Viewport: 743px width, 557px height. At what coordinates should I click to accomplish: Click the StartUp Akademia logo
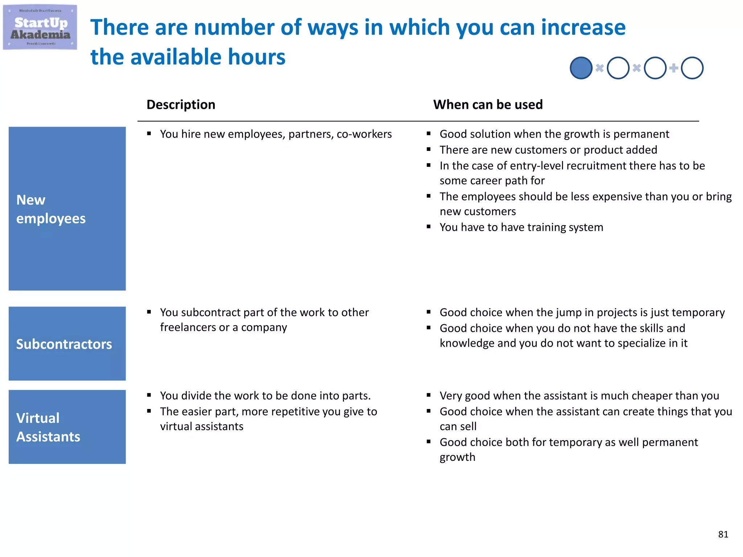coord(40,28)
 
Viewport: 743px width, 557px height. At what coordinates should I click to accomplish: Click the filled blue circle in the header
coord(581,68)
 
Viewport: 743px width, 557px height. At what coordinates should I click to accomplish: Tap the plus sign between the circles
coord(674,68)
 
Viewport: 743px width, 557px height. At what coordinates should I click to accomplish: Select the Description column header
coord(181,105)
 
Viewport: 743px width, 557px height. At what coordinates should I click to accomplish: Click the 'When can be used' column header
coord(488,105)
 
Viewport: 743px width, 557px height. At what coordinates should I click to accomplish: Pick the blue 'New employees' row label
coord(67,209)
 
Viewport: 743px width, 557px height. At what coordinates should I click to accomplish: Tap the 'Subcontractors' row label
coord(67,344)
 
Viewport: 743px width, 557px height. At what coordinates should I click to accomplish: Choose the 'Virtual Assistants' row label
coord(67,427)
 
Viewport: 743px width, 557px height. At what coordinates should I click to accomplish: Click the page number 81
coord(723,534)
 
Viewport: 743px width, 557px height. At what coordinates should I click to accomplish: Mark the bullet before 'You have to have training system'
coord(428,227)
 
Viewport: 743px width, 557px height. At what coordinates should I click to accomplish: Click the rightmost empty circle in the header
coord(692,68)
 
